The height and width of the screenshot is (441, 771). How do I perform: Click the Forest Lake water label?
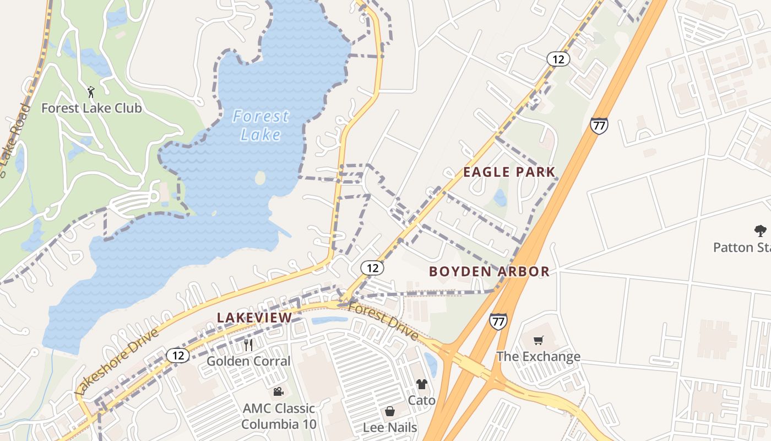pos(260,125)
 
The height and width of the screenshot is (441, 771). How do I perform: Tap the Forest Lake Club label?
pos(91,108)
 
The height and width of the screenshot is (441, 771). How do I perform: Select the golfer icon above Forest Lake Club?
pos(91,92)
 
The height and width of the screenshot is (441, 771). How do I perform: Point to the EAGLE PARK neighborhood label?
pos(509,172)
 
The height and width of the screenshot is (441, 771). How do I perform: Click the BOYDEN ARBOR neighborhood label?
pos(489,271)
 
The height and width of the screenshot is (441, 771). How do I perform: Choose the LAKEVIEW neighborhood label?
pos(254,318)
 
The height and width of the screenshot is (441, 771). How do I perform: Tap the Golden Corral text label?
pos(248,361)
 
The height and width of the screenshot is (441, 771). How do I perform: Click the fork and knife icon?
pos(248,345)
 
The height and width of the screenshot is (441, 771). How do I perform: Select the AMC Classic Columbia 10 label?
pos(279,416)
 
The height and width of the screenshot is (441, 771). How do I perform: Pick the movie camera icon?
pos(279,392)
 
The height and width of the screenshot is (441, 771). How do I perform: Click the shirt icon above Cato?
pos(421,384)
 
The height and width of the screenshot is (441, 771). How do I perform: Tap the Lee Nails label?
pos(390,427)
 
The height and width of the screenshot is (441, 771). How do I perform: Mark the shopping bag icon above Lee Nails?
pos(390,411)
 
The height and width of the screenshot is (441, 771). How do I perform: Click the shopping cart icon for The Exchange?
pos(539,341)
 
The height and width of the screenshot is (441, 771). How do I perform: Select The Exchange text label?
pos(539,357)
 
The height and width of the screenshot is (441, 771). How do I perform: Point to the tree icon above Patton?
pos(761,231)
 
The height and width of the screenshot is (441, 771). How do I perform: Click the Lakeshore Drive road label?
pos(117,361)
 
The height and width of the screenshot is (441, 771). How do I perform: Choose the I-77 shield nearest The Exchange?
pos(498,321)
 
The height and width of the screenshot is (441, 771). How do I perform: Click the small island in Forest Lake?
pos(260,178)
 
